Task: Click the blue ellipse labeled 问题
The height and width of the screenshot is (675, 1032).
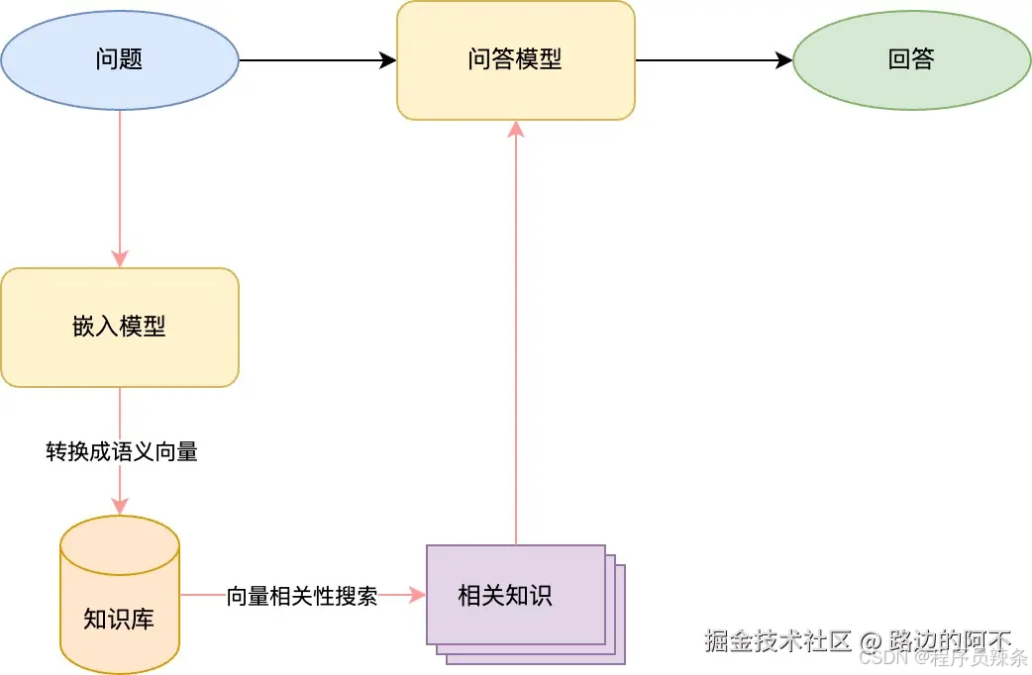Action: (x=120, y=59)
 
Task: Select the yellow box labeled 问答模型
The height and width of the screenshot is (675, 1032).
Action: (x=515, y=59)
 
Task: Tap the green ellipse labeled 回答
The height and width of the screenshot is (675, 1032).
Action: (x=912, y=59)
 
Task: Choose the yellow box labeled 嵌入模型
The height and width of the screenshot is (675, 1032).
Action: (x=120, y=327)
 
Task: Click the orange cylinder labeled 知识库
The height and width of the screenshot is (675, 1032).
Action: (x=120, y=594)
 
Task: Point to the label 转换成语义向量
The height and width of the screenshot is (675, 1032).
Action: (x=122, y=452)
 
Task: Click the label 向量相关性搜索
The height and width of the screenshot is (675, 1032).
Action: (x=302, y=596)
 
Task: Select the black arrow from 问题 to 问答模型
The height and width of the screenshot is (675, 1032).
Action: (x=317, y=60)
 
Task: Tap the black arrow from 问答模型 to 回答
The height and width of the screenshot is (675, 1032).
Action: (x=713, y=60)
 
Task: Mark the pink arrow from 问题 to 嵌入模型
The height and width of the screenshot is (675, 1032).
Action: (x=120, y=188)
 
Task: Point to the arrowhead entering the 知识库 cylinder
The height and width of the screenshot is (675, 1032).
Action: (x=120, y=506)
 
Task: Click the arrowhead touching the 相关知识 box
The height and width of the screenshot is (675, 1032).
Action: (x=417, y=595)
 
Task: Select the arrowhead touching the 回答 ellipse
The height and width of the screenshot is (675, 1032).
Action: (x=783, y=60)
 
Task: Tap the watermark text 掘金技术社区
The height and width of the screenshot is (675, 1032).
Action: (x=777, y=640)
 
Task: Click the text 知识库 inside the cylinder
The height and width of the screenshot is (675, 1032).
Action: (x=119, y=620)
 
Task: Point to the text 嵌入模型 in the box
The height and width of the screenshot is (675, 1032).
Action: (x=120, y=327)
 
